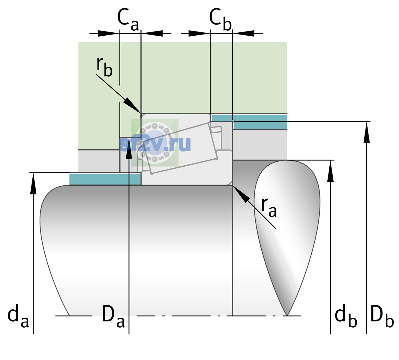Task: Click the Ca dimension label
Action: (x=128, y=20)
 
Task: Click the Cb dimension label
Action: (x=220, y=20)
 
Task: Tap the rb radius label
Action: (x=104, y=67)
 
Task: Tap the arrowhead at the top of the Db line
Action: (x=367, y=132)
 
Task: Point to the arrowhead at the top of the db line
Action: (x=330, y=171)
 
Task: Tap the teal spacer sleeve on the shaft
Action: (x=105, y=179)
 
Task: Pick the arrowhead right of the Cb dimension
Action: (x=243, y=33)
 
